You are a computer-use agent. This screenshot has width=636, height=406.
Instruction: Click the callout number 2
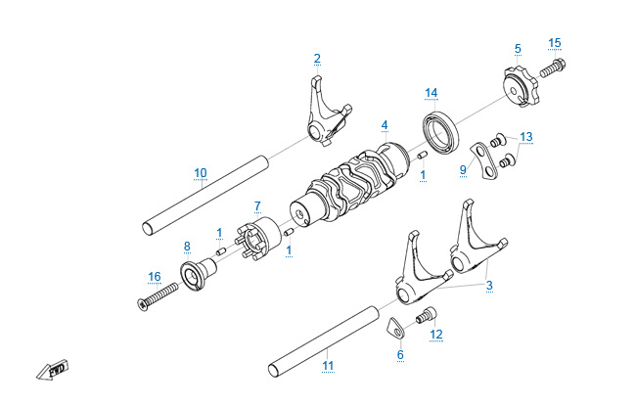pos(317,58)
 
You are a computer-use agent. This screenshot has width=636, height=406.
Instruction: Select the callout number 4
pos(385,125)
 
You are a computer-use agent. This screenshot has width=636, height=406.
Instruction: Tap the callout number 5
pos(518,48)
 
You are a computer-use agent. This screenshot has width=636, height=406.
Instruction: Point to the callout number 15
pos(555,43)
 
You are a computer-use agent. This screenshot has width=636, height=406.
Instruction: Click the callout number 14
pos(431,93)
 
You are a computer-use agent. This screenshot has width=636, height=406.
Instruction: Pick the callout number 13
pos(526,136)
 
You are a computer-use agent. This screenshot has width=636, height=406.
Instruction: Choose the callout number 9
pos(463,169)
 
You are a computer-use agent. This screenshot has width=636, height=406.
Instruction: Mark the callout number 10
pos(200,173)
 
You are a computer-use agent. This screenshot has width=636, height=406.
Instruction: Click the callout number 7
pos(257,206)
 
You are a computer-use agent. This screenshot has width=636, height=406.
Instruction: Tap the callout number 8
pos(186,245)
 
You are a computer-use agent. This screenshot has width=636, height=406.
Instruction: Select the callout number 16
pos(154,277)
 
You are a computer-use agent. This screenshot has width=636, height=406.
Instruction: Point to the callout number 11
pos(328,366)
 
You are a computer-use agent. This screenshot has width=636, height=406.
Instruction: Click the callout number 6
pos(400,355)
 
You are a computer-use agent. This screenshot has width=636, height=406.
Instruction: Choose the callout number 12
pos(436,335)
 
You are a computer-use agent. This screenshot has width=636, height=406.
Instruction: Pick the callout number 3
pos(488,285)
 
